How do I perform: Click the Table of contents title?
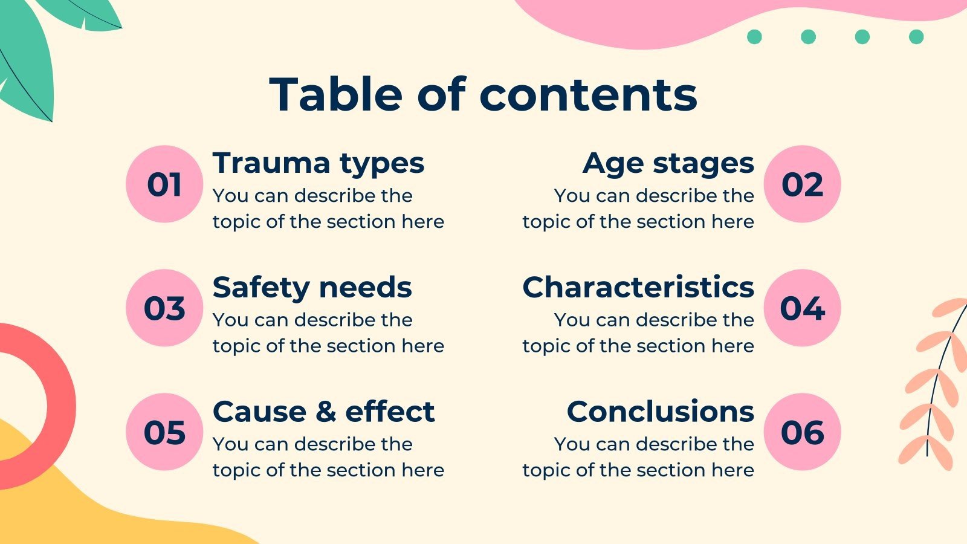point(483,94)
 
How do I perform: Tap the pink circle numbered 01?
point(164,184)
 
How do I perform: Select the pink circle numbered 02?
point(803,184)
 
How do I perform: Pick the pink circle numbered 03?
point(164,308)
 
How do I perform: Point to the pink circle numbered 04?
point(803,308)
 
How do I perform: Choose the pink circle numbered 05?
point(164,432)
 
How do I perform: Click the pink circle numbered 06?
point(803,432)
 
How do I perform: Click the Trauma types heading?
point(319,164)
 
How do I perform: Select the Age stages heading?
point(668,164)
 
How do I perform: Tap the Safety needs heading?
point(312,288)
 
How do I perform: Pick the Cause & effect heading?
point(324,411)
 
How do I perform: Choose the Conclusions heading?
point(661,411)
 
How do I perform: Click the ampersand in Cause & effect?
point(326,411)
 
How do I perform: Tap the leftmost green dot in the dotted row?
point(755,37)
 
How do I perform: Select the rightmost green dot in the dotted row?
point(916,37)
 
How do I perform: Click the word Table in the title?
point(336,94)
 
